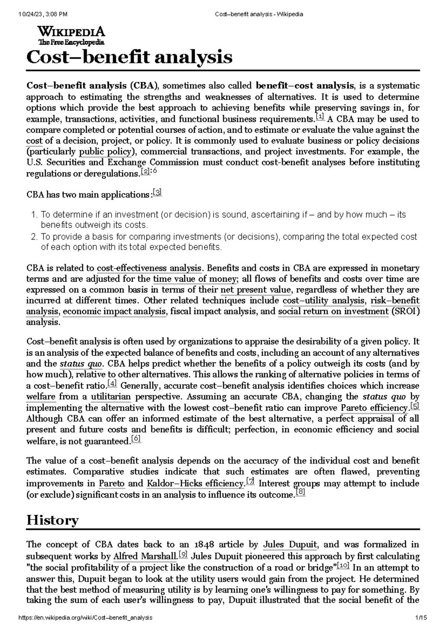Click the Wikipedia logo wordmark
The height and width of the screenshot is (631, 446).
(71, 32)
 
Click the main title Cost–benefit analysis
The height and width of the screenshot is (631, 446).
(129, 57)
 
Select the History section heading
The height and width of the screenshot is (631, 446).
(52, 520)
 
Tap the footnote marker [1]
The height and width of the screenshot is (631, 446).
(319, 117)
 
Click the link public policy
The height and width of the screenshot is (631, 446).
(106, 152)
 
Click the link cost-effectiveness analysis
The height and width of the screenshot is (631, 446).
(149, 268)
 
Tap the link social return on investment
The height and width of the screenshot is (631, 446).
(333, 312)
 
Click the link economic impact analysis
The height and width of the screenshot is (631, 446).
(114, 312)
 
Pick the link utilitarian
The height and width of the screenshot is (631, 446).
(111, 397)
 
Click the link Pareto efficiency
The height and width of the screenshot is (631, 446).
(374, 408)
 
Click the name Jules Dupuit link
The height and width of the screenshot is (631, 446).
(290, 545)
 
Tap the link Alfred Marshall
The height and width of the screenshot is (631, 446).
(145, 556)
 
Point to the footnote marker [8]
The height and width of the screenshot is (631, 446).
(300, 493)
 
